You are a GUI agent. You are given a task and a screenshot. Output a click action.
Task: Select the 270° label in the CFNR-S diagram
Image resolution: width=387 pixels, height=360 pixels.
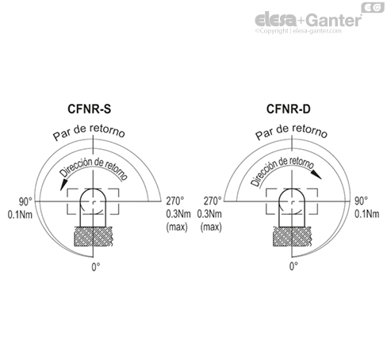[x=174, y=201]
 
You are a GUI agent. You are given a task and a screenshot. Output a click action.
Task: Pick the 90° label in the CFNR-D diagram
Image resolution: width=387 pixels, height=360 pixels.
[x=363, y=201]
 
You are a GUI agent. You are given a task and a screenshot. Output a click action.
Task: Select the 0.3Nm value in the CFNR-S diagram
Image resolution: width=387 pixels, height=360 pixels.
[x=176, y=214]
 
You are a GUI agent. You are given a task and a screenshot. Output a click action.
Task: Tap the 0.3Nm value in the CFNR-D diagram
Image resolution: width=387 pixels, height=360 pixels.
[x=212, y=214]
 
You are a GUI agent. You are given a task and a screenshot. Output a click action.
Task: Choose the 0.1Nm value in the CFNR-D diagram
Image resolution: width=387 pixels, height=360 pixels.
[x=365, y=214]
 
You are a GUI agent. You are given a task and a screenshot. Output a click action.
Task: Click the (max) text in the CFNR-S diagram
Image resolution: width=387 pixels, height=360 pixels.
[x=175, y=228]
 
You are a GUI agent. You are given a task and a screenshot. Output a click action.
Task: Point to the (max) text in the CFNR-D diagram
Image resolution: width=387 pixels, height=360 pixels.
[x=211, y=228]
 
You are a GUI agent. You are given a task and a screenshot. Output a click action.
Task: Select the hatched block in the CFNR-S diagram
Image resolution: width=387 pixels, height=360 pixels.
[x=94, y=236]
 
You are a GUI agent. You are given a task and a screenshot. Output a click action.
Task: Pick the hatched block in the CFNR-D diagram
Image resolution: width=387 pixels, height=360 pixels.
[x=293, y=236]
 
